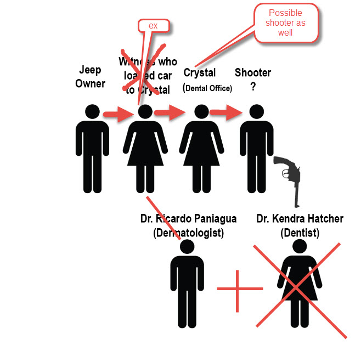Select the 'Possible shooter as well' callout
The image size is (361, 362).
pyautogui.click(x=285, y=23)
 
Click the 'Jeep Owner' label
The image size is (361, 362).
pyautogui.click(x=90, y=77)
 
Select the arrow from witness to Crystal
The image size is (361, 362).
pyautogui.click(x=168, y=113)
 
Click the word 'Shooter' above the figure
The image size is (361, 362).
pyautogui.click(x=253, y=72)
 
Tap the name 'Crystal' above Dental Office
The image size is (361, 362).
pyautogui.click(x=200, y=72)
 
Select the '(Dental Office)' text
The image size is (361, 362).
pyautogui.click(x=207, y=88)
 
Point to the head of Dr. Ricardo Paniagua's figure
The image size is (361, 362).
pyautogui.click(x=188, y=247)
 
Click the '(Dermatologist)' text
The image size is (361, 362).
pyautogui.click(x=188, y=233)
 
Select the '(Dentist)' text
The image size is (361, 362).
pyautogui.click(x=300, y=233)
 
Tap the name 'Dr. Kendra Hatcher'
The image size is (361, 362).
pyautogui.click(x=300, y=219)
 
